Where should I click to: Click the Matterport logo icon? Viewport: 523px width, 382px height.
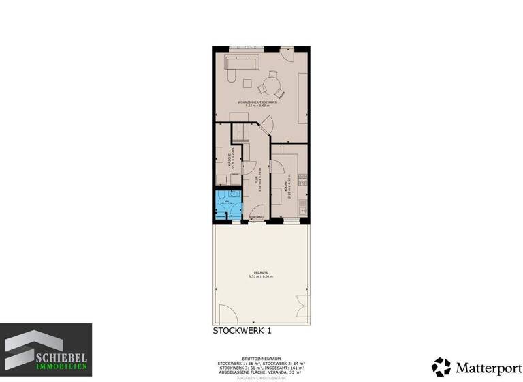441,366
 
